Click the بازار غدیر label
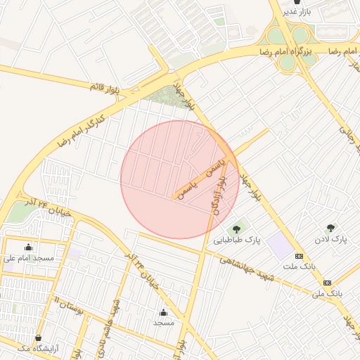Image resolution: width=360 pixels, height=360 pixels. pos(297,11)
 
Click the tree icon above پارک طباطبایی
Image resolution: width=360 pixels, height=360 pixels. pos(236,228)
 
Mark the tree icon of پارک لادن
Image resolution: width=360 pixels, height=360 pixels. pos(330,228)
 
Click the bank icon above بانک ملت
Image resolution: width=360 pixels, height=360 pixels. pos(300,255)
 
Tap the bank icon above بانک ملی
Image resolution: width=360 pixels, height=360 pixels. pos(327,282)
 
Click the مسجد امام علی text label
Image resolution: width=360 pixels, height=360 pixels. pos(28,259)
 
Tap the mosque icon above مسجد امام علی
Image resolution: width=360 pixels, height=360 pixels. pos(28,247)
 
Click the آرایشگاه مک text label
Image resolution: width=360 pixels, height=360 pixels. pos(37,349)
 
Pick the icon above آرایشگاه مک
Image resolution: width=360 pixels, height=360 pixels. pos(37,337)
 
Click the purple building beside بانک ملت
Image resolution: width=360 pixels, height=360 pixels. pos(280,246)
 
